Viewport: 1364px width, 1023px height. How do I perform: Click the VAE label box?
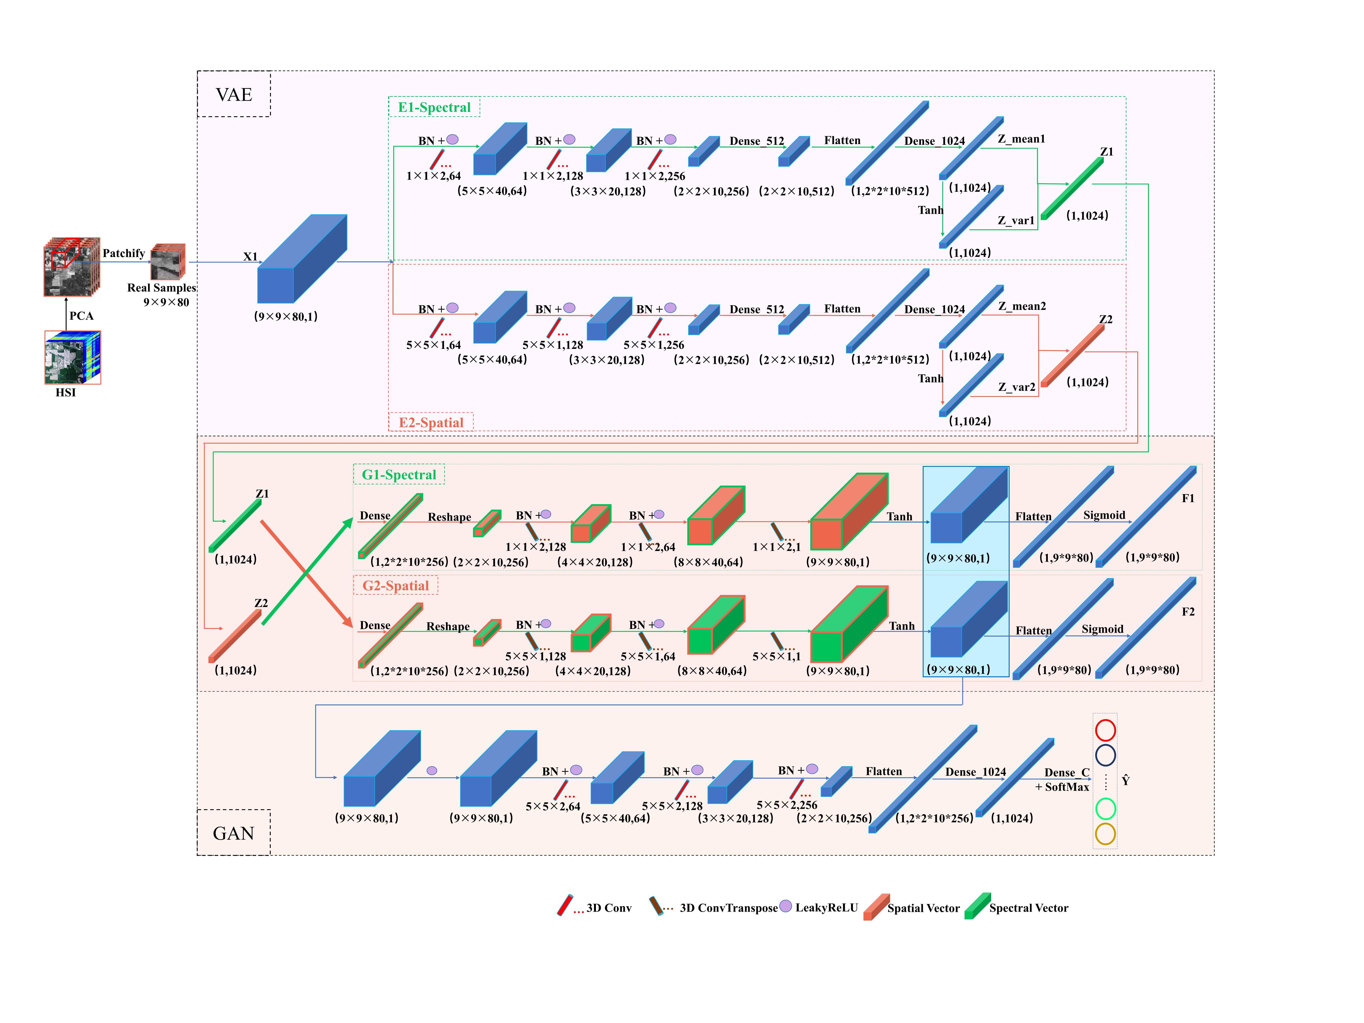[x=234, y=94]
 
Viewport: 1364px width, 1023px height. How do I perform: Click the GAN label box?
[x=234, y=833]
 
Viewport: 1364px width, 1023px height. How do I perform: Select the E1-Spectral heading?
[x=434, y=107]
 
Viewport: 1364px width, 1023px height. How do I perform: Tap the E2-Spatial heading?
[x=431, y=422]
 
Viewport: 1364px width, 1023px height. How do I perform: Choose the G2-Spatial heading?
[x=395, y=585]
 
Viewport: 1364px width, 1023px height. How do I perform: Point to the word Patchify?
[x=123, y=253]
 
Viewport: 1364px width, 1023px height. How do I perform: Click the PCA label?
[x=81, y=316]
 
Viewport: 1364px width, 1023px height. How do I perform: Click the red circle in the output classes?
[x=1105, y=730]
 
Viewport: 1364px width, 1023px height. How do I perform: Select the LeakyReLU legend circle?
[x=785, y=906]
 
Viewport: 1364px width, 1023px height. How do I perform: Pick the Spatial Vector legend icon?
[x=876, y=906]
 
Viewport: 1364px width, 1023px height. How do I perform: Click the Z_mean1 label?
[x=1021, y=139]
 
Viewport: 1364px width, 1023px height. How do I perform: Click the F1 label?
[x=1188, y=498]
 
